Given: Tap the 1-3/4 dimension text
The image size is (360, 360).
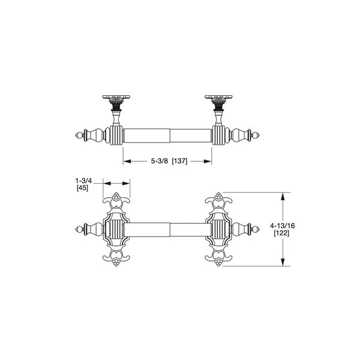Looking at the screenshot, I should pos(82,180).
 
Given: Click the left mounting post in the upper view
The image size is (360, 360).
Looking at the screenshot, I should pos(117,109).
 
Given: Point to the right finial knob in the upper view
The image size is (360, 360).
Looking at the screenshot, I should pos(257,134).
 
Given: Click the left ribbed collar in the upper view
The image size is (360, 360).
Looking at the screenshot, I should pos(115,134).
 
